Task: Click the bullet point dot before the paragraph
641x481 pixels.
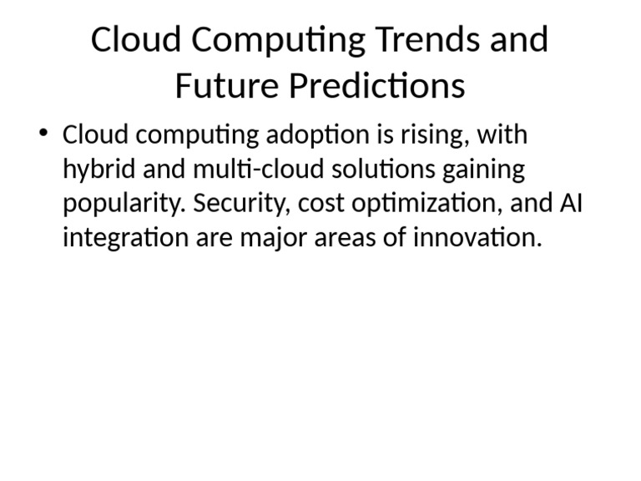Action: [x=44, y=135]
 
